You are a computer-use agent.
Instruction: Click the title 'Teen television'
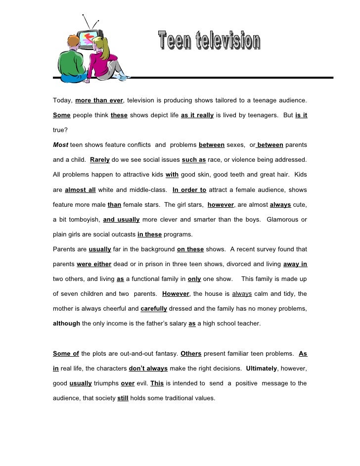click(209, 41)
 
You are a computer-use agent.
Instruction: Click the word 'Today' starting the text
click(62, 100)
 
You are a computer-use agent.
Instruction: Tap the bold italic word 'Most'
click(60, 145)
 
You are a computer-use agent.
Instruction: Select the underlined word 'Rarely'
click(100, 160)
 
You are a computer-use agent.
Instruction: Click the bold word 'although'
click(66, 323)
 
